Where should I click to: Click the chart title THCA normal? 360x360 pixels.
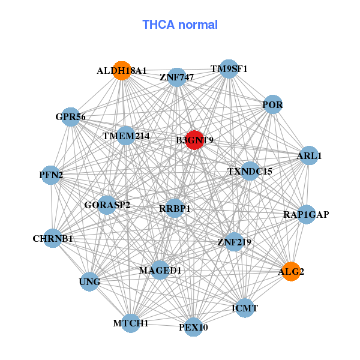179,25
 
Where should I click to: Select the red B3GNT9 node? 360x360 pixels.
194,140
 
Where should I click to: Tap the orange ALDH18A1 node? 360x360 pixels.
122,70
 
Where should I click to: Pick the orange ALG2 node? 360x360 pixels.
291,271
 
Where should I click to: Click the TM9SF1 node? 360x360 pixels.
228,69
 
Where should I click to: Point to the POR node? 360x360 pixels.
272,105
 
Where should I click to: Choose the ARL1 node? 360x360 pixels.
308,155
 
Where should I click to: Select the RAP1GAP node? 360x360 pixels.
306,214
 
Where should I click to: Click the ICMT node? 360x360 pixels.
244,308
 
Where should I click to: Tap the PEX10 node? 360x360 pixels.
193,327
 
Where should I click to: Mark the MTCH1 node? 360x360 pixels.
131,323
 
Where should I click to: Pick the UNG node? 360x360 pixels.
90,281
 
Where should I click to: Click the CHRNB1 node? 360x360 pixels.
53,238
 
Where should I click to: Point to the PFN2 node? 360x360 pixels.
51,175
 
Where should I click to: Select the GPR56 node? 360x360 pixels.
71,117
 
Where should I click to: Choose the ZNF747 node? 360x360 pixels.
176,77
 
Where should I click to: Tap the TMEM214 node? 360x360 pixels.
126,136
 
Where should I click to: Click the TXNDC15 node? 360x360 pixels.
250,171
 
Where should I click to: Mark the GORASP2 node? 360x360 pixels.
107,205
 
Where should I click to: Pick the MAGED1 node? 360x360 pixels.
160,271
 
